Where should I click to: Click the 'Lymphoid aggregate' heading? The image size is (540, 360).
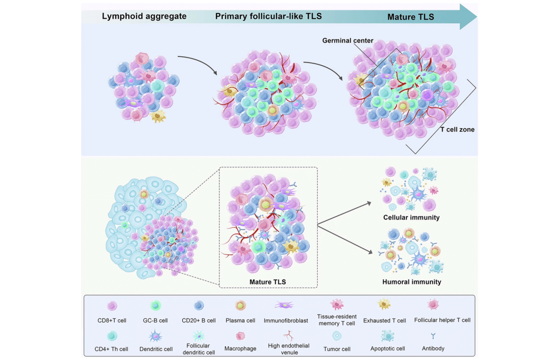tap(144, 17)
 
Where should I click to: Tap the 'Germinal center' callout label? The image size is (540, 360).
tap(348, 40)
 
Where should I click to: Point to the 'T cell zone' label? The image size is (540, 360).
tap(457, 129)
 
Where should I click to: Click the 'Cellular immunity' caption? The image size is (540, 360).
tap(411, 217)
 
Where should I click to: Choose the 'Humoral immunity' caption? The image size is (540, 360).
tap(411, 282)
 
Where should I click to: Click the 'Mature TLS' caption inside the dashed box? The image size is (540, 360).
tap(268, 282)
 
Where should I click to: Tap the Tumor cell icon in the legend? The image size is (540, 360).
tap(336, 335)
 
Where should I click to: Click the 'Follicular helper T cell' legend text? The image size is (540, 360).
tap(442, 320)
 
